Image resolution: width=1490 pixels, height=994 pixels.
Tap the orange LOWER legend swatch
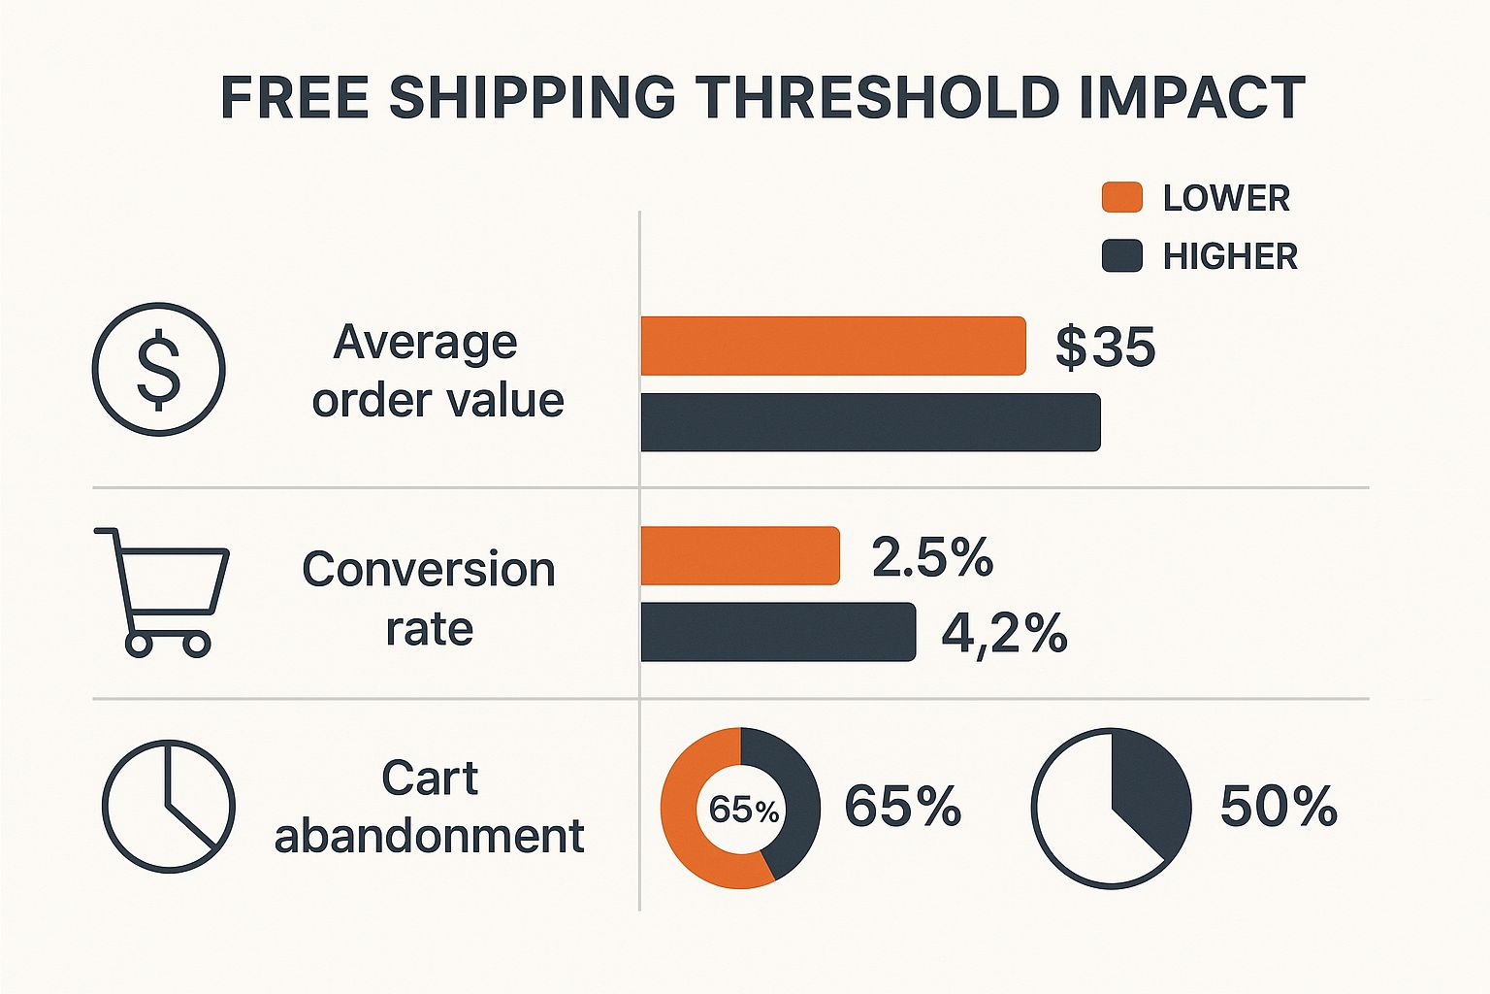pyautogui.click(x=1121, y=197)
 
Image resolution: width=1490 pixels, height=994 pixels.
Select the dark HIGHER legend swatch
pyautogui.click(x=1121, y=255)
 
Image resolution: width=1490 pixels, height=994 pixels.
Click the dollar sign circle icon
pyautogui.click(x=159, y=369)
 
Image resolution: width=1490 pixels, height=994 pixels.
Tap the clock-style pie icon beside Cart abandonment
pyautogui.click(x=169, y=807)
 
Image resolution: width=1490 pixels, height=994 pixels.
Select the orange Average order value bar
pyautogui.click(x=832, y=346)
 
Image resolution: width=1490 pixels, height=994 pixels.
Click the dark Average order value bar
pyautogui.click(x=870, y=422)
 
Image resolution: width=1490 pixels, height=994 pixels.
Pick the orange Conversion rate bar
pyautogui.click(x=739, y=555)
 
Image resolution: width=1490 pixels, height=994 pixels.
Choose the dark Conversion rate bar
pyautogui.click(x=778, y=632)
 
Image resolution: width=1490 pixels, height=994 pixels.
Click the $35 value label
pyautogui.click(x=1105, y=347)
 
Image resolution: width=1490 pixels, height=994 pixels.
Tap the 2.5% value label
pyautogui.click(x=932, y=557)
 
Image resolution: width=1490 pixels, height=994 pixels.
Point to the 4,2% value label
pyautogui.click(x=1004, y=633)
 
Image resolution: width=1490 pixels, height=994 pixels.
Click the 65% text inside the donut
pyautogui.click(x=743, y=810)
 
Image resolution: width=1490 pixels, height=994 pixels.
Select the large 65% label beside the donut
pyautogui.click(x=902, y=806)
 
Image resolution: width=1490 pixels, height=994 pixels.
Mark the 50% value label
pyautogui.click(x=1279, y=806)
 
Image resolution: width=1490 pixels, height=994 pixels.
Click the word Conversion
pyautogui.click(x=428, y=569)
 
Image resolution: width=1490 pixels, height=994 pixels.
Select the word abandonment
pyautogui.click(x=429, y=836)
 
